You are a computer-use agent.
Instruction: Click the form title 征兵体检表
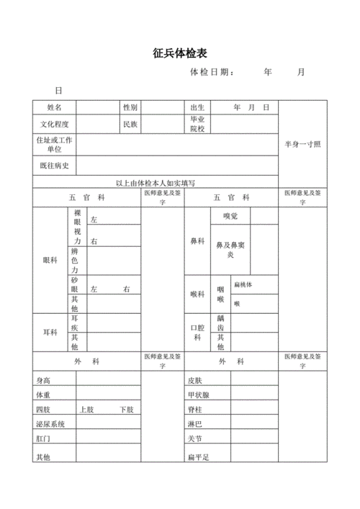[x=179, y=53]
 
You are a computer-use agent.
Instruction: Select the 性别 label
[x=130, y=107]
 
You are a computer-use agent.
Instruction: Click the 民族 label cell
[x=130, y=125]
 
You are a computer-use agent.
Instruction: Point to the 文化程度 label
[x=55, y=125]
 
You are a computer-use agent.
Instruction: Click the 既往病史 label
[x=55, y=166]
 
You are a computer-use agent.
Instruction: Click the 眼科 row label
[x=50, y=260]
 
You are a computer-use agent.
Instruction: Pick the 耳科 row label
[x=50, y=332]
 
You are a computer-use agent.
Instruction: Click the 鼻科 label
[x=197, y=240]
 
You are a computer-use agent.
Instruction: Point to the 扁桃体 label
[x=243, y=284]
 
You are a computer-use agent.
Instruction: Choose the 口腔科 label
[x=197, y=332]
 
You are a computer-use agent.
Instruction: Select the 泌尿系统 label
[x=50, y=423]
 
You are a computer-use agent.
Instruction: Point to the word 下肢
[x=126, y=409]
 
